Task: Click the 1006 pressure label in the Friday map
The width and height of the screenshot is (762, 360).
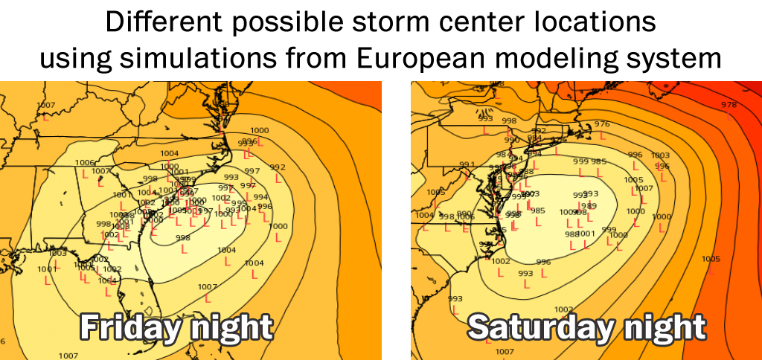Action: click(85, 162)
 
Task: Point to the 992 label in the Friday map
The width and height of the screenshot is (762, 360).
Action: click(278, 167)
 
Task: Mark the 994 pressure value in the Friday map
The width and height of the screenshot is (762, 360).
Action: click(260, 197)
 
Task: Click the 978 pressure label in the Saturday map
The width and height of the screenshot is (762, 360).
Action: click(729, 105)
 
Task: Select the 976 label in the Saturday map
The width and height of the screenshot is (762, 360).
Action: click(602, 124)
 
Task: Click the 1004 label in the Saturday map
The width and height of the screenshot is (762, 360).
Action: click(424, 215)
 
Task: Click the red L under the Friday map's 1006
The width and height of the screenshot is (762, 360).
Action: click(84, 173)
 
